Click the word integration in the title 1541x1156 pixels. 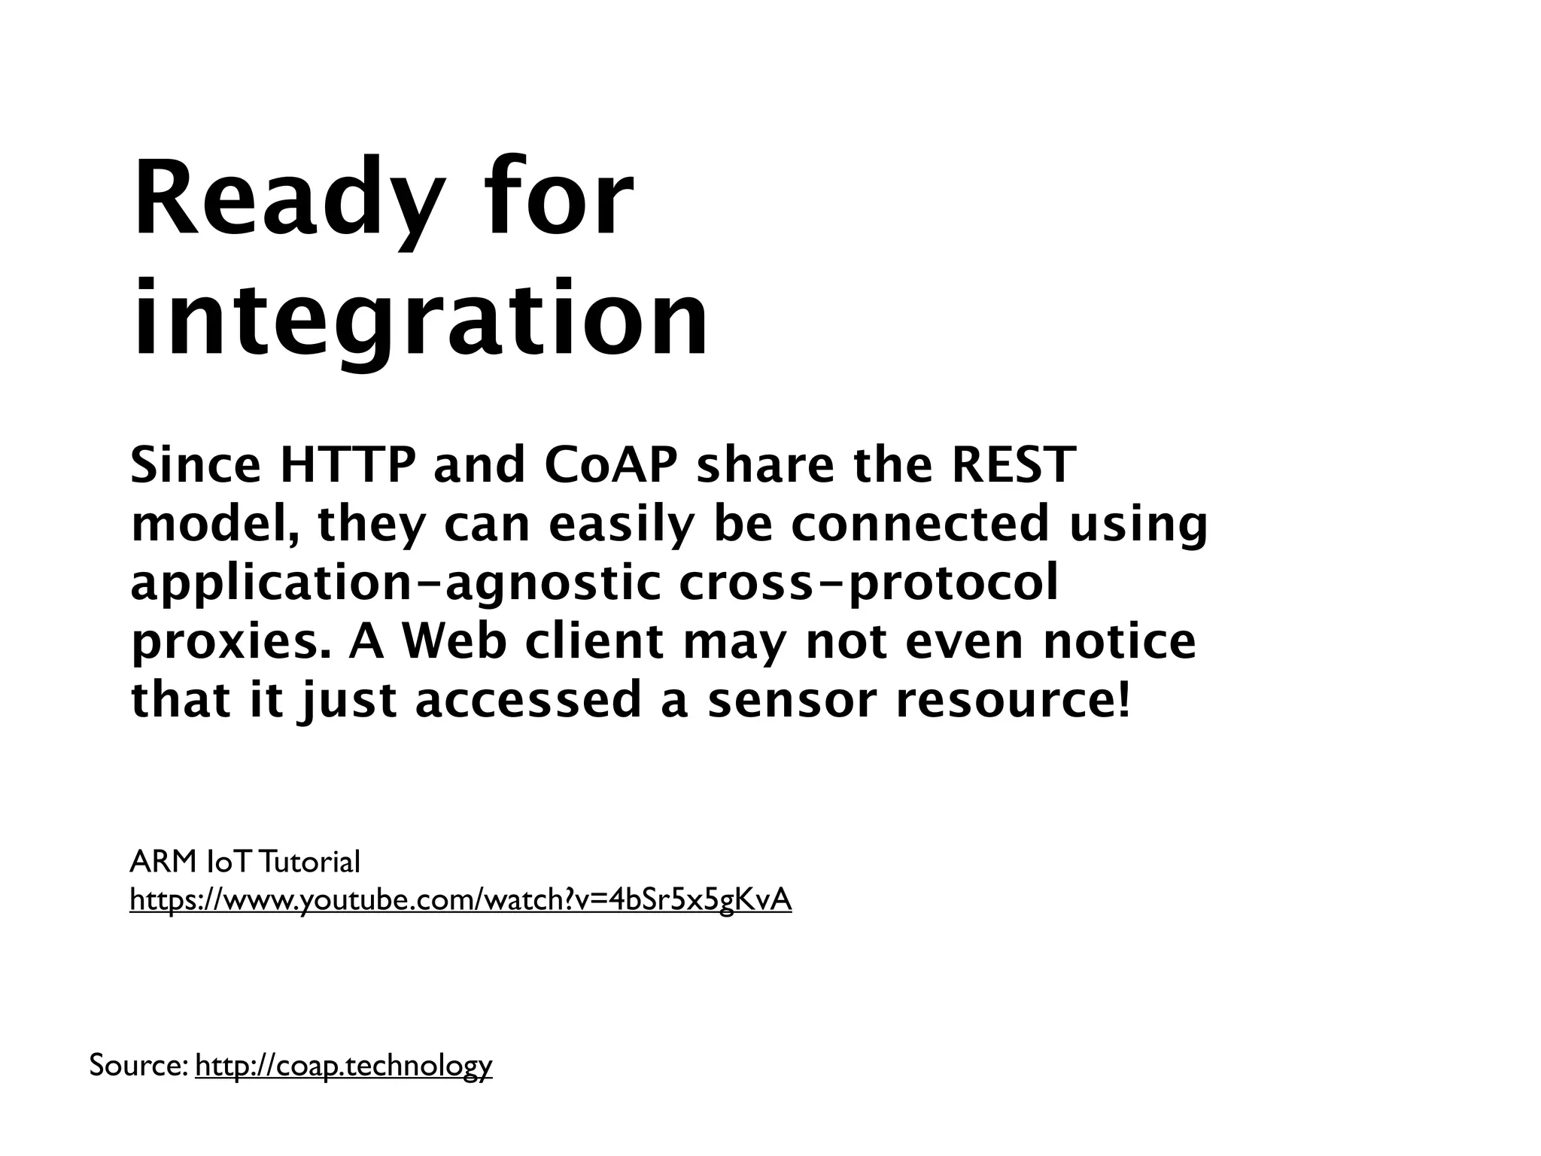click(x=420, y=320)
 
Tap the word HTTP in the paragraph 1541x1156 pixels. click(x=347, y=466)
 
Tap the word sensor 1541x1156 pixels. click(x=791, y=701)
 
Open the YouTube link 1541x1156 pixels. click(x=460, y=900)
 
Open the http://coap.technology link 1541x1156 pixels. click(x=343, y=1065)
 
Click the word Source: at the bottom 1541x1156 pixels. click(x=138, y=1065)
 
